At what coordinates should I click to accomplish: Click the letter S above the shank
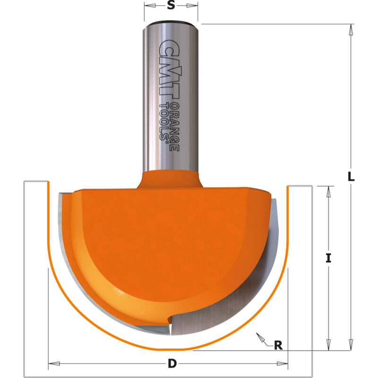[x=171, y=6]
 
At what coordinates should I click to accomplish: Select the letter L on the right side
[x=351, y=177]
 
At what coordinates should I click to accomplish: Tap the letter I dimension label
[x=328, y=258]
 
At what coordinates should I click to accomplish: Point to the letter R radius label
[x=278, y=345]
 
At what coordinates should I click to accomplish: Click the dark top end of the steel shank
[x=171, y=23]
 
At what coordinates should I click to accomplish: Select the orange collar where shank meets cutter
[x=171, y=180]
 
